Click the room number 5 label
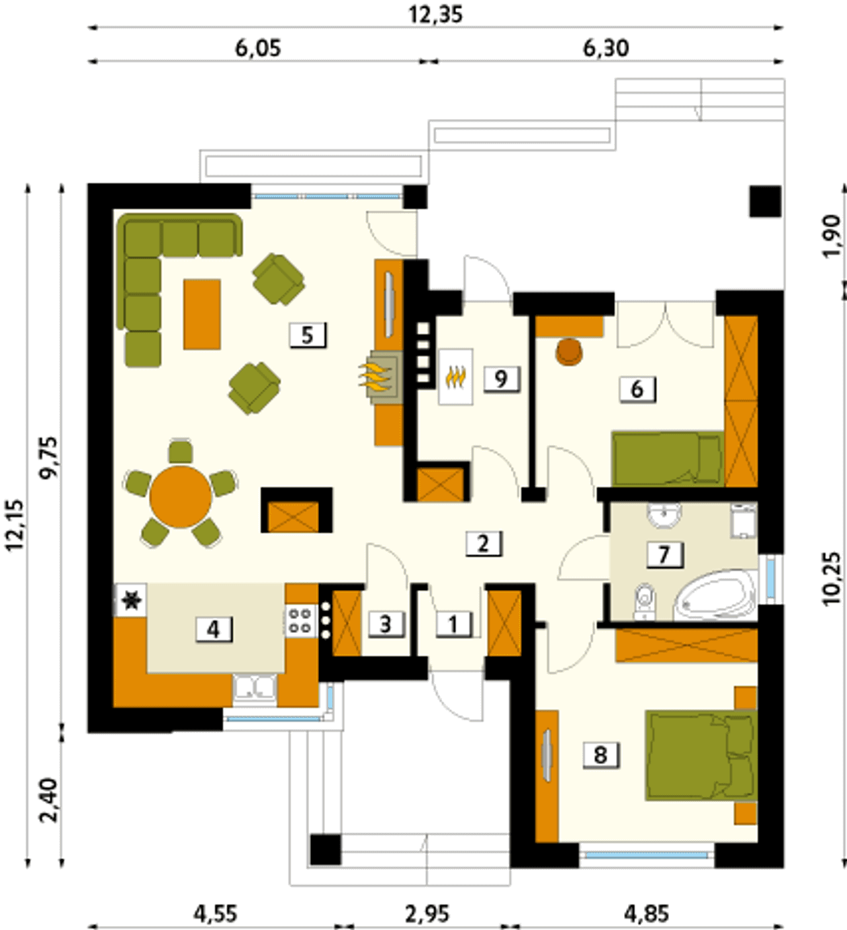[x=308, y=335]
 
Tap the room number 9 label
[x=501, y=379]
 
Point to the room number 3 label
[x=386, y=624]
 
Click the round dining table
[x=181, y=497]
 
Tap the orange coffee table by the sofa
[x=202, y=314]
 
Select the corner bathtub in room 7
[x=715, y=595]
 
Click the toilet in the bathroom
[x=645, y=601]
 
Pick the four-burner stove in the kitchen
[x=300, y=620]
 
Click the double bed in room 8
[x=701, y=761]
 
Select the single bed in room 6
[x=668, y=458]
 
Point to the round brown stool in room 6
[x=570, y=351]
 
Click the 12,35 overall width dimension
[x=436, y=15]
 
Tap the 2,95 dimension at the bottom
[x=427, y=913]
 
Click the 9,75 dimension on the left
[x=49, y=458]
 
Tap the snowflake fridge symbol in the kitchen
[x=130, y=601]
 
